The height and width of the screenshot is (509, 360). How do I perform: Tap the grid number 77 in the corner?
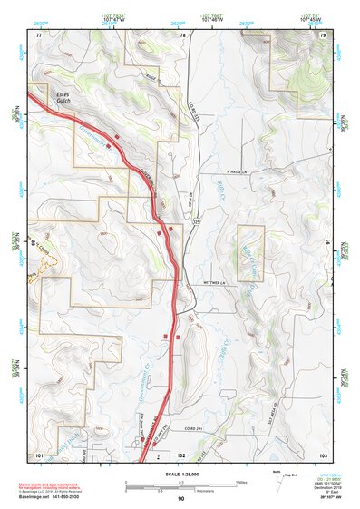click(39, 34)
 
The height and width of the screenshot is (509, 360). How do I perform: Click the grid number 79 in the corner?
click(322, 34)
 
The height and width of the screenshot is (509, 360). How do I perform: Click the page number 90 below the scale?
click(181, 499)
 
